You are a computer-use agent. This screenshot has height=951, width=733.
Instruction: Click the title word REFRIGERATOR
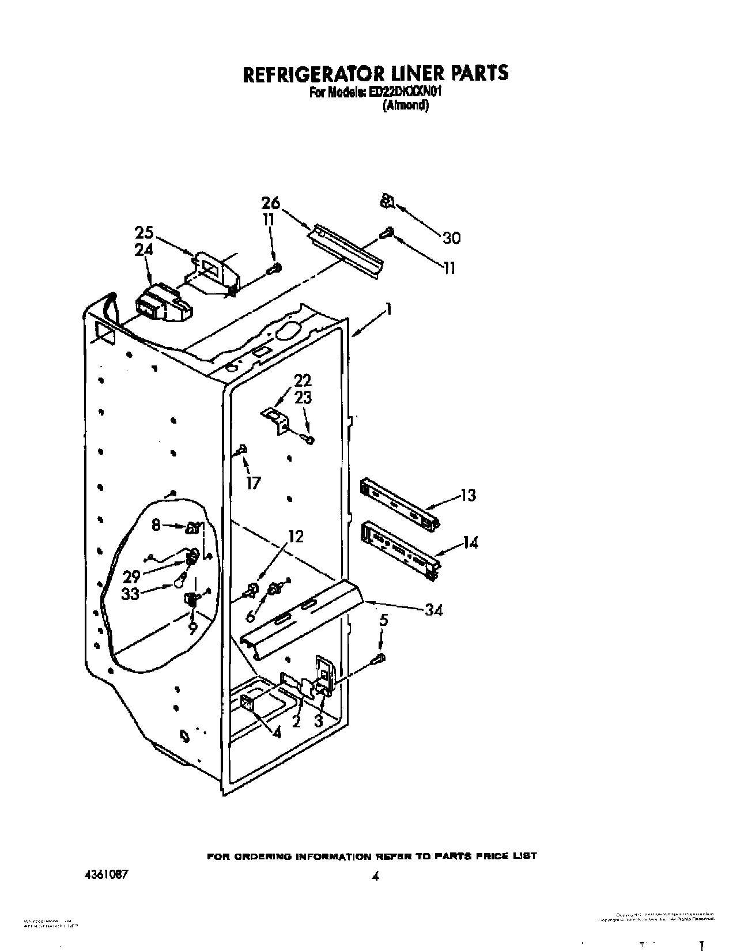pyautogui.click(x=294, y=73)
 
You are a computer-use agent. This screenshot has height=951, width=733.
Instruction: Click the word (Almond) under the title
pyautogui.click(x=405, y=105)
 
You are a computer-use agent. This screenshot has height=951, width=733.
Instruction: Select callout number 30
pyautogui.click(x=451, y=237)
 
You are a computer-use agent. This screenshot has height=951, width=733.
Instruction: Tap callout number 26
pyautogui.click(x=270, y=203)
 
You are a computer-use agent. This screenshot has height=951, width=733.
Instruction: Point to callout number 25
pyautogui.click(x=145, y=233)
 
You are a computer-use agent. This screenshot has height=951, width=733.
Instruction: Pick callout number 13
pyautogui.click(x=468, y=495)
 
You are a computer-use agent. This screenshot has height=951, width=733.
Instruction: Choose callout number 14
pyautogui.click(x=470, y=542)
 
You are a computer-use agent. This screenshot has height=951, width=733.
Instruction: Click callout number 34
pyautogui.click(x=432, y=610)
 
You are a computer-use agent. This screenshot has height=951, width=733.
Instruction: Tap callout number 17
pyautogui.click(x=253, y=482)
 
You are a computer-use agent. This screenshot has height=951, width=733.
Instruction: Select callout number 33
pyautogui.click(x=130, y=593)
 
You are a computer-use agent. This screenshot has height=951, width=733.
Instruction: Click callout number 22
pyautogui.click(x=303, y=380)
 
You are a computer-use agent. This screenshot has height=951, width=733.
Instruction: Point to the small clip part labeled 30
pyautogui.click(x=387, y=202)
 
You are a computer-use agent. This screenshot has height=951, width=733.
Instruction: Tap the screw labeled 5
pyautogui.click(x=380, y=658)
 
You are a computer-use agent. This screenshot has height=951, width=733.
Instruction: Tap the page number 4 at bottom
pyautogui.click(x=375, y=862)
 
